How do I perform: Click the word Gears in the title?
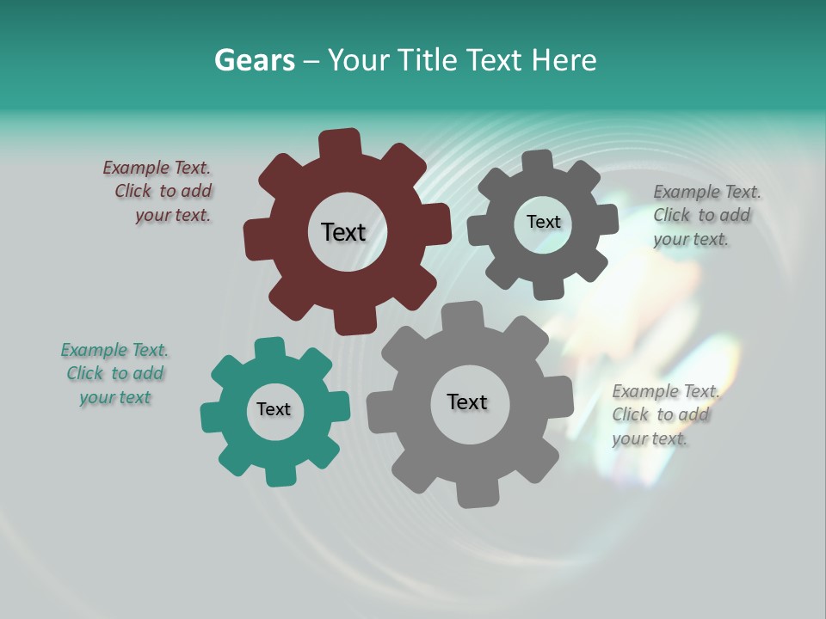tap(254, 60)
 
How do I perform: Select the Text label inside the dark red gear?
tap(343, 232)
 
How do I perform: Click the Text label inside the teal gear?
tap(274, 410)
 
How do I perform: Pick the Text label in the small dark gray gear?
tap(543, 222)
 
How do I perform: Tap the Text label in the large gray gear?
tap(467, 401)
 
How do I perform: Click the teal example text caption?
tap(114, 374)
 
